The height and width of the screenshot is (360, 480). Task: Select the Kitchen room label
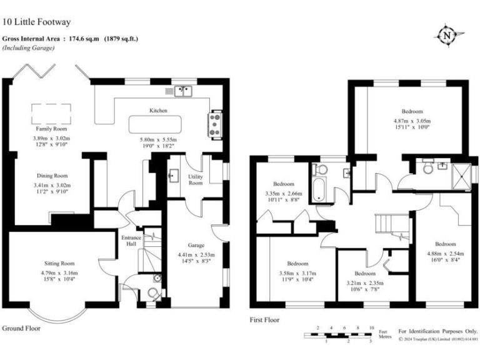tap(157, 111)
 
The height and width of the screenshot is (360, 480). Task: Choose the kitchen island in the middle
tap(157, 124)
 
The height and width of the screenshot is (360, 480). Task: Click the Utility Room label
tap(196, 180)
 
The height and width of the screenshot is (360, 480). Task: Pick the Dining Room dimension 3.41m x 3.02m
tap(51, 186)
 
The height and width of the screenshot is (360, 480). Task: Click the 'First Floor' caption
tap(264, 319)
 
